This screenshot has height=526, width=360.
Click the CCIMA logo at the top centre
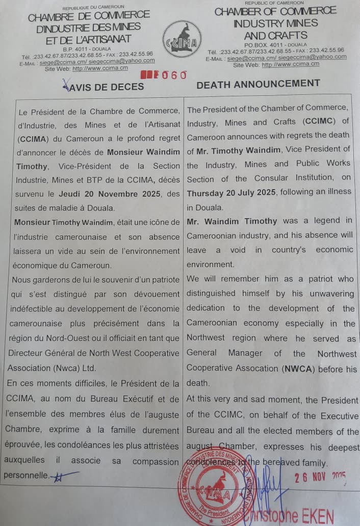pos(182,39)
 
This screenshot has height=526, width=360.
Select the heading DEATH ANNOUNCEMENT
pos(258,84)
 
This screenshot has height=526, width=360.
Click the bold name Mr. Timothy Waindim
pos(238,149)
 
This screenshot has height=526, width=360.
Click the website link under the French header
pos(100,68)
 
